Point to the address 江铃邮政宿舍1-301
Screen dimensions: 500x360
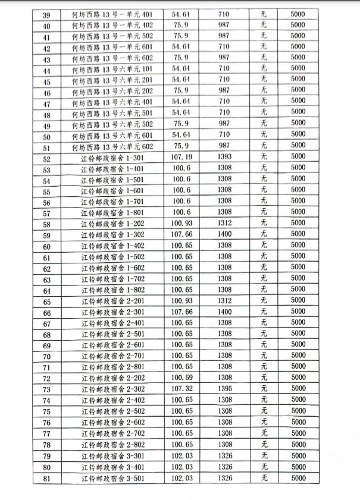(112, 159)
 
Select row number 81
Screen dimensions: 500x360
(47, 477)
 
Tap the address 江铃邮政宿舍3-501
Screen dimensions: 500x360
(112, 477)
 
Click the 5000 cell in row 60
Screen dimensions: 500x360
(298, 247)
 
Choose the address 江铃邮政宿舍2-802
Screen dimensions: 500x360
(112, 445)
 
